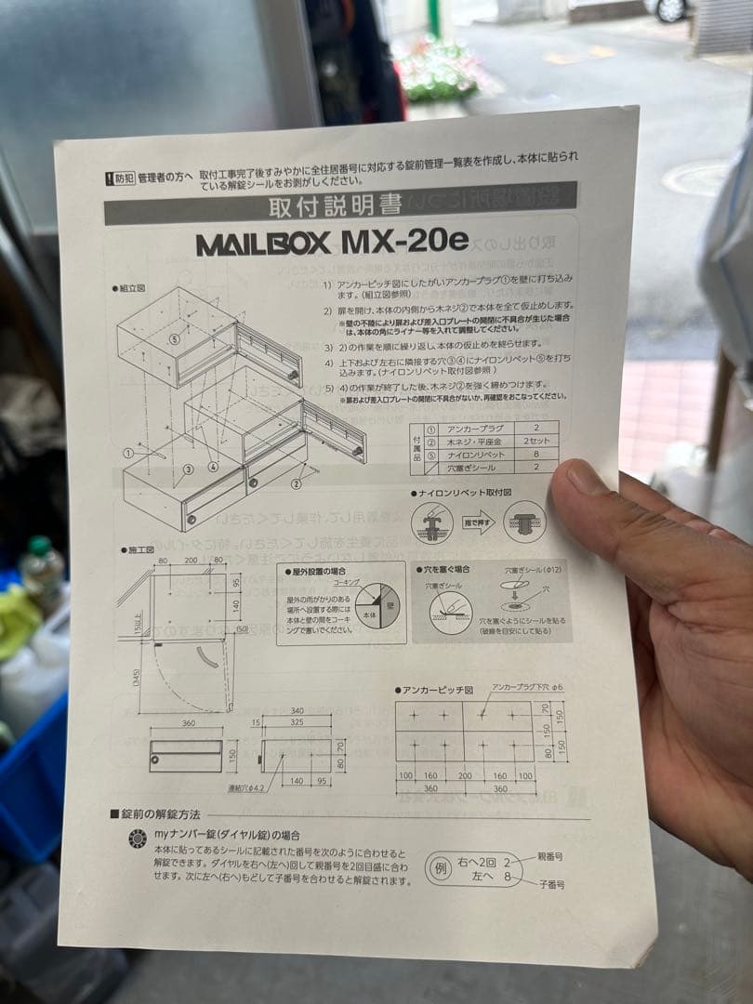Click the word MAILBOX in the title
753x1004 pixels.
click(262, 244)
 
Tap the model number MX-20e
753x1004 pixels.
click(406, 241)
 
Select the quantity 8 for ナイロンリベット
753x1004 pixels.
click(535, 454)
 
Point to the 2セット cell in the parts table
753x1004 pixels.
click(536, 441)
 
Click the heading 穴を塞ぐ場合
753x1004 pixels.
click(444, 568)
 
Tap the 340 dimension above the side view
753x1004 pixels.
click(297, 710)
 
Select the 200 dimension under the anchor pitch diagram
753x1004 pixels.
click(464, 774)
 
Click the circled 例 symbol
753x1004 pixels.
click(439, 868)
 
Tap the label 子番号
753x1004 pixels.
click(549, 885)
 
